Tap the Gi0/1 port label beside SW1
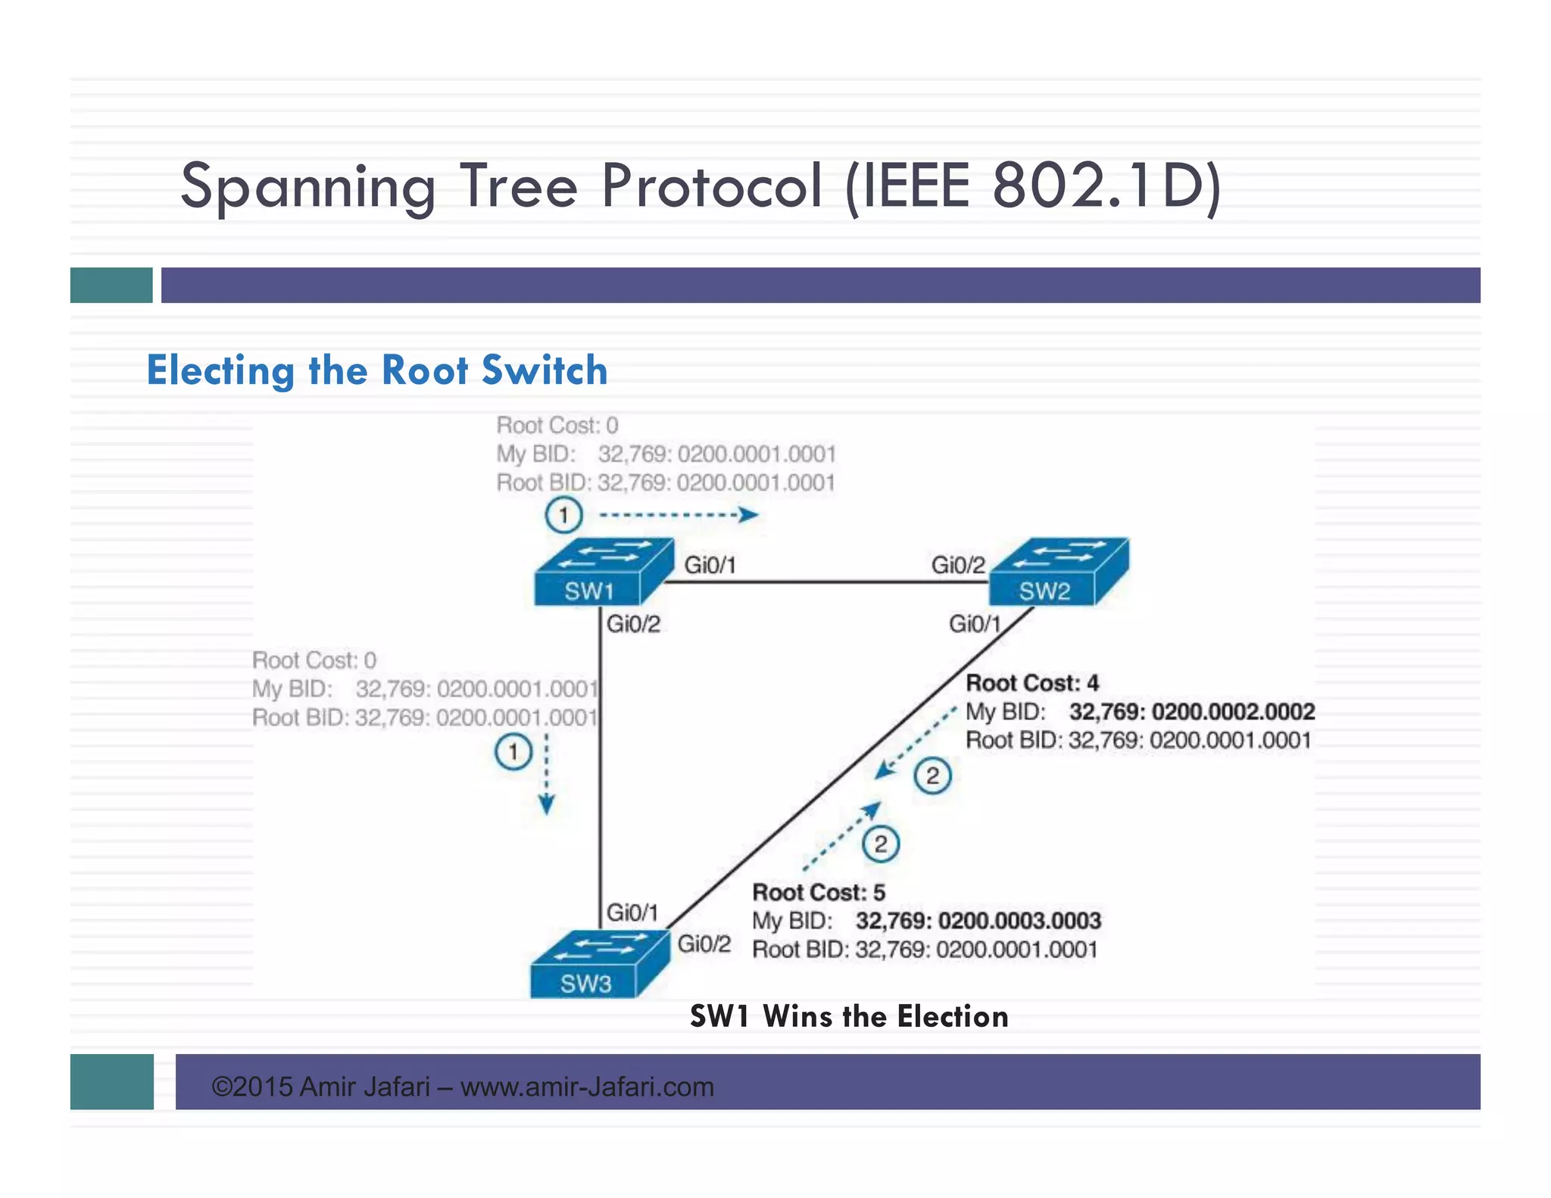[x=710, y=565]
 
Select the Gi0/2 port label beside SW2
[x=958, y=565]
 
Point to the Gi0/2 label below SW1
[x=633, y=624]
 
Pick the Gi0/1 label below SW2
[x=975, y=624]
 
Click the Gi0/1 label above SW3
[x=632, y=912]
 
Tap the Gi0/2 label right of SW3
[x=704, y=944]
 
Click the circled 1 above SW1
[x=563, y=516]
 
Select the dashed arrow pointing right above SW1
[x=678, y=516]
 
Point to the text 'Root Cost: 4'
[x=1031, y=683]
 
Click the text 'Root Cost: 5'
[x=818, y=892]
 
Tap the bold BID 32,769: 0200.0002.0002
[x=1191, y=712]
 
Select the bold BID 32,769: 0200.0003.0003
[x=978, y=921]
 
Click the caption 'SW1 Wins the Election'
[x=848, y=1016]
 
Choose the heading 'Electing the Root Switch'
[x=376, y=370]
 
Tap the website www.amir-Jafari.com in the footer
[x=587, y=1087]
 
